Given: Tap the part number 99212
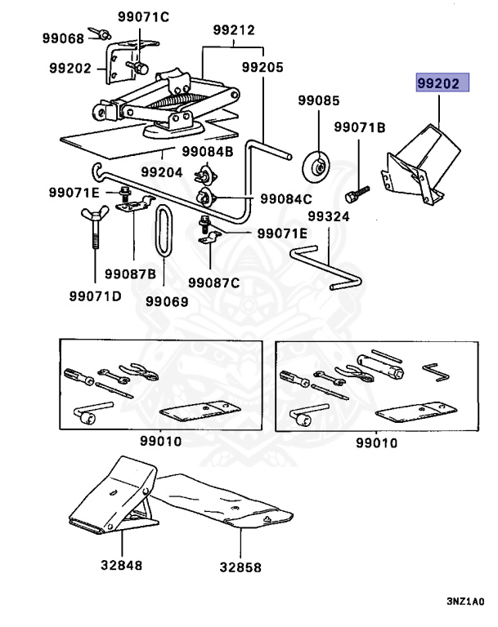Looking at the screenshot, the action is pos(234,30).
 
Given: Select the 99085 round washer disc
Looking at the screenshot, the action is pos(316,167).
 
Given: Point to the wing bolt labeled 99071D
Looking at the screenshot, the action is pos(95,227).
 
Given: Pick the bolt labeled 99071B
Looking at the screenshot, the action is pos(357,194).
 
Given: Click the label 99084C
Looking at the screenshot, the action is pos(286,198).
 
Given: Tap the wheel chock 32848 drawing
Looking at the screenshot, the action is pos(114,496).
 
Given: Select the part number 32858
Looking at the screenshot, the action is pos(240,567).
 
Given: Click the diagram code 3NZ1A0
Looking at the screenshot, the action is pos(465,602).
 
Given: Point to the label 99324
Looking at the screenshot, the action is pos(329,216).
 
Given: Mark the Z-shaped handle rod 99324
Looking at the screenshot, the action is pos(326,268).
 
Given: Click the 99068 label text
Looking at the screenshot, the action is pos(63,38).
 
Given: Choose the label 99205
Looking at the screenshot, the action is pos(262,67).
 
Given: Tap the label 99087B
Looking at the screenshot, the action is pos(131,274).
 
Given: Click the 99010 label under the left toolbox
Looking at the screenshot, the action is pos(160,442).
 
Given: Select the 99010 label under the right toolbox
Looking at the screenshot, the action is pos(377,443).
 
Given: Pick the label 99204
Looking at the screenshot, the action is pos(162,172).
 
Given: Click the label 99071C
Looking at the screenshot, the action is pos(143,17).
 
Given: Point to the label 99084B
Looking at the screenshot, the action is pos(208,152).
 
